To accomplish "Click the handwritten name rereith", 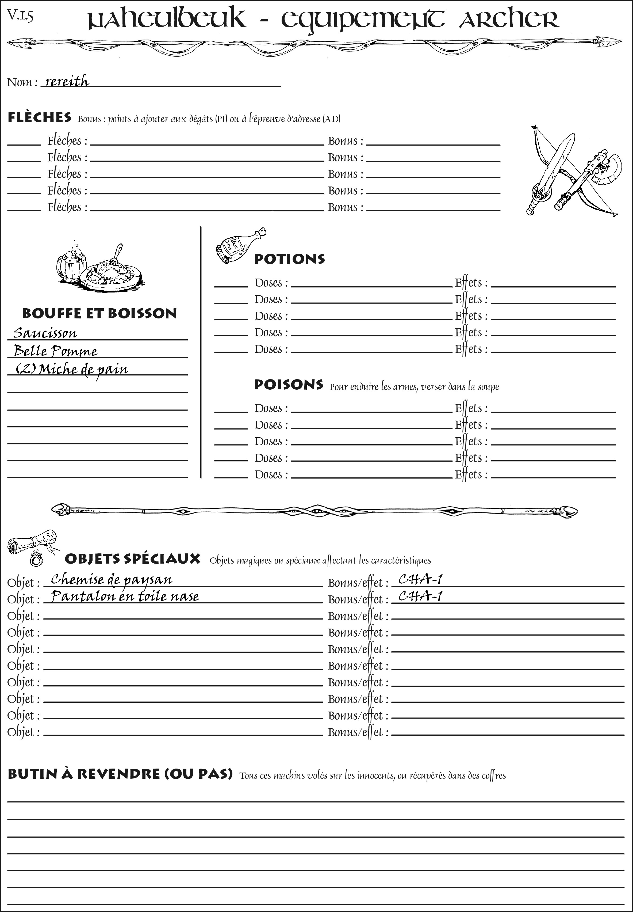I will (x=67, y=81).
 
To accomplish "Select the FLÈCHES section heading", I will (x=40, y=117).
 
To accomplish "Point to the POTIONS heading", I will (x=289, y=259).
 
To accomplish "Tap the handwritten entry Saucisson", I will (x=45, y=333).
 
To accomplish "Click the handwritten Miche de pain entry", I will (x=72, y=370).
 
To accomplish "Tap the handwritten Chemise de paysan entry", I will (x=112, y=579).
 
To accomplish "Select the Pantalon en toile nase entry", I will (x=125, y=596).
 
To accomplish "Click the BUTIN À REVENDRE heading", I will (x=120, y=774).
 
